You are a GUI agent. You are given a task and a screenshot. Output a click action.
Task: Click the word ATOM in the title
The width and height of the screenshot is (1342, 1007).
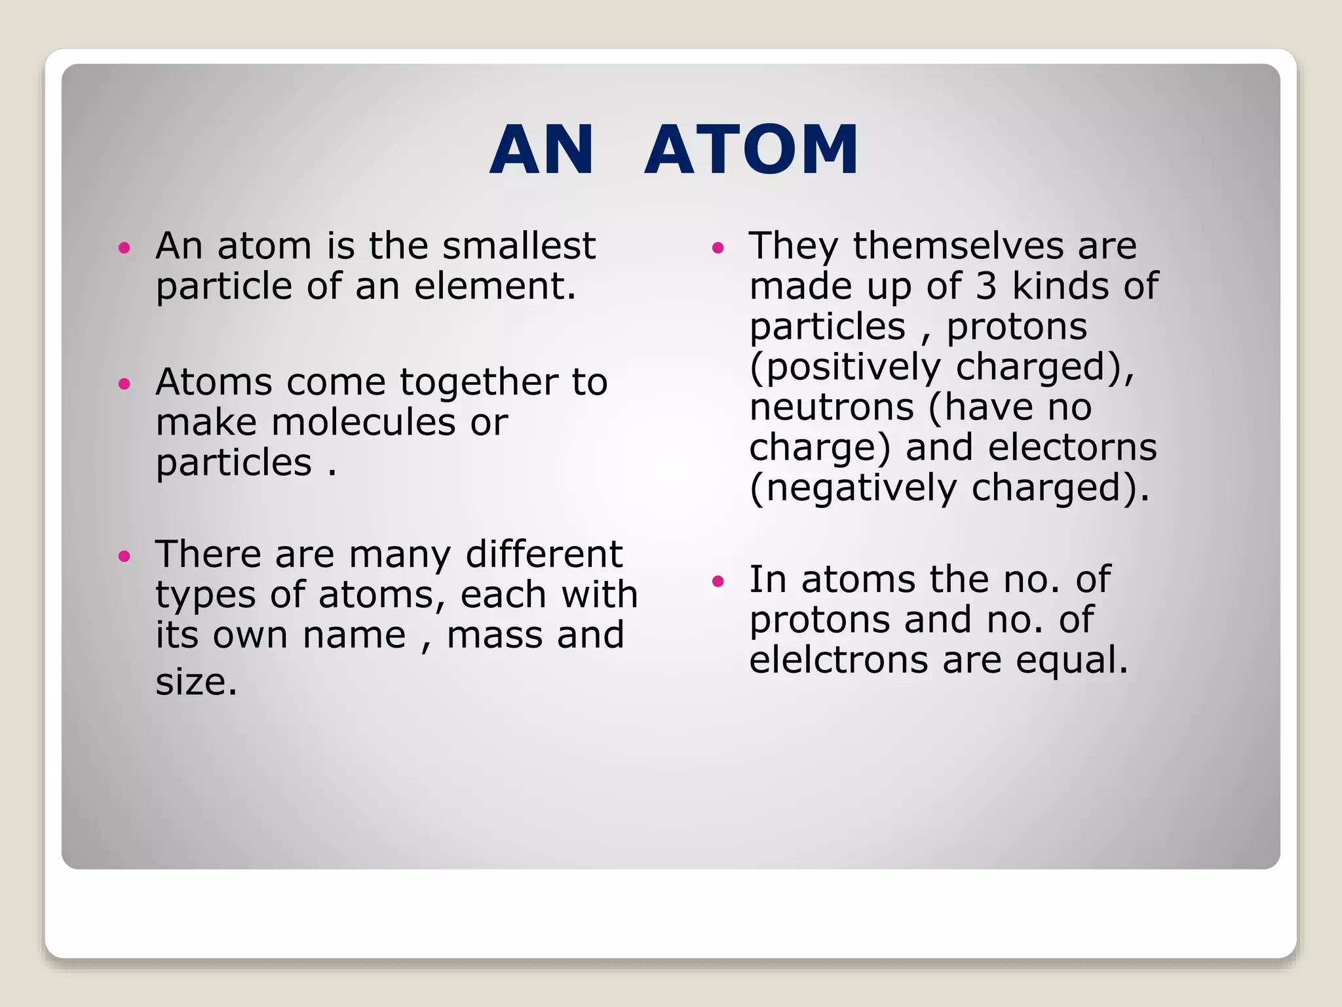pos(751,150)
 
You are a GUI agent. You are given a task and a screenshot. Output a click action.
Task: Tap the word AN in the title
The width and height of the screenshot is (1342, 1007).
pos(542,150)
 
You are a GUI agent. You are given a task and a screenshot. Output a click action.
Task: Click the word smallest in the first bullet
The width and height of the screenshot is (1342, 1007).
pos(518,246)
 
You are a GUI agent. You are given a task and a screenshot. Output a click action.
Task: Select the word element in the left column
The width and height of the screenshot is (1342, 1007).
pos(494,286)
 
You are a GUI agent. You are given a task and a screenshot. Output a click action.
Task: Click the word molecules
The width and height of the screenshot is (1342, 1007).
pos(363,422)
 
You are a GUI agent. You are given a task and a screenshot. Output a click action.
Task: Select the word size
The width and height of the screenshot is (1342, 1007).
pos(196,682)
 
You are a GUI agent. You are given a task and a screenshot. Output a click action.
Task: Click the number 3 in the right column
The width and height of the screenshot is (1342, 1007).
pos(986,286)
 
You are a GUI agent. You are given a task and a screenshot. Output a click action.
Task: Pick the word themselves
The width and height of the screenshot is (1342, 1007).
pos(958,246)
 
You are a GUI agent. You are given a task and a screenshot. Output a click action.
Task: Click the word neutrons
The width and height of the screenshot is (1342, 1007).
pos(832,407)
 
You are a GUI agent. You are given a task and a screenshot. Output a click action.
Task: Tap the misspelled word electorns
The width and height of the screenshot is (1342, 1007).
pos(1072,448)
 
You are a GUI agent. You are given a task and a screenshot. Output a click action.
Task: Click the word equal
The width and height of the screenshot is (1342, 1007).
pos(1071,661)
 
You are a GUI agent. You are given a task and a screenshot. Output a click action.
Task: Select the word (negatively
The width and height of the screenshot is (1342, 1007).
pos(853,488)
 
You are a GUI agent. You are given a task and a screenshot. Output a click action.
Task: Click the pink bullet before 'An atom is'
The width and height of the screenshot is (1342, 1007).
pos(125,248)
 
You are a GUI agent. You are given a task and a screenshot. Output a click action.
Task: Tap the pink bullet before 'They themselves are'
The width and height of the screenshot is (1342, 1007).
pos(718,248)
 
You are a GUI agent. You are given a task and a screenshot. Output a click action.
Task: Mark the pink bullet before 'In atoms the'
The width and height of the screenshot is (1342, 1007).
pos(718,581)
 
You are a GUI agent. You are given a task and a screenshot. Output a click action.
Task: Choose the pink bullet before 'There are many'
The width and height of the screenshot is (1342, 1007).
pos(125,557)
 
